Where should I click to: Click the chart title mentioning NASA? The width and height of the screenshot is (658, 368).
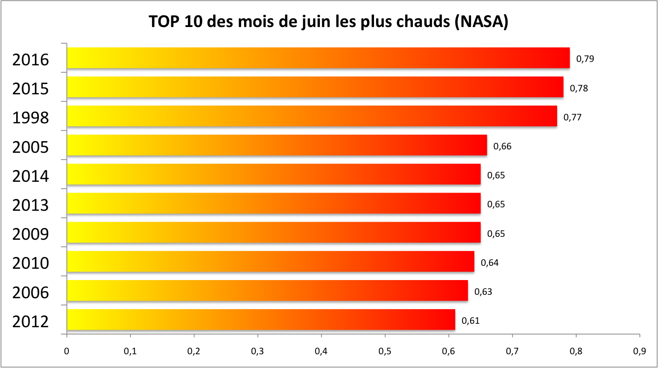click(x=328, y=23)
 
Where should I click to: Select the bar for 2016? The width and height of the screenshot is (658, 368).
click(x=318, y=58)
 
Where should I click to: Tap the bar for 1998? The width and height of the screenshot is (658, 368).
click(x=312, y=116)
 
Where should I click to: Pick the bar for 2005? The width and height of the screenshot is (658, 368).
click(x=277, y=145)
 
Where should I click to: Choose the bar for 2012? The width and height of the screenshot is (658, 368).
click(x=261, y=320)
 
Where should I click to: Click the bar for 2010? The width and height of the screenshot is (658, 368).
click(x=270, y=261)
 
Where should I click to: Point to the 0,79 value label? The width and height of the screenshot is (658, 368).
click(x=585, y=59)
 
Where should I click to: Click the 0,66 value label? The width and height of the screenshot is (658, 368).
click(x=502, y=146)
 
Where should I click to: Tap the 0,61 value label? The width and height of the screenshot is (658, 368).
click(x=470, y=321)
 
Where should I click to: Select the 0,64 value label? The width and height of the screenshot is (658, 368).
click(x=490, y=263)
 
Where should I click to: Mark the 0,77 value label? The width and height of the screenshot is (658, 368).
click(x=572, y=117)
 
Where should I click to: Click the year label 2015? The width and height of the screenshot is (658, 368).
click(x=31, y=89)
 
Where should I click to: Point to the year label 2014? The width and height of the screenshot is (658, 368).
click(x=31, y=176)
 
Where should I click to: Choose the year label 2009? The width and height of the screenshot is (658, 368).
click(x=31, y=234)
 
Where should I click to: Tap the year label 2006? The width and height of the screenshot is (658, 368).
click(x=31, y=293)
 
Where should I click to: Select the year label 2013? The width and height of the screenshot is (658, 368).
click(x=31, y=205)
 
